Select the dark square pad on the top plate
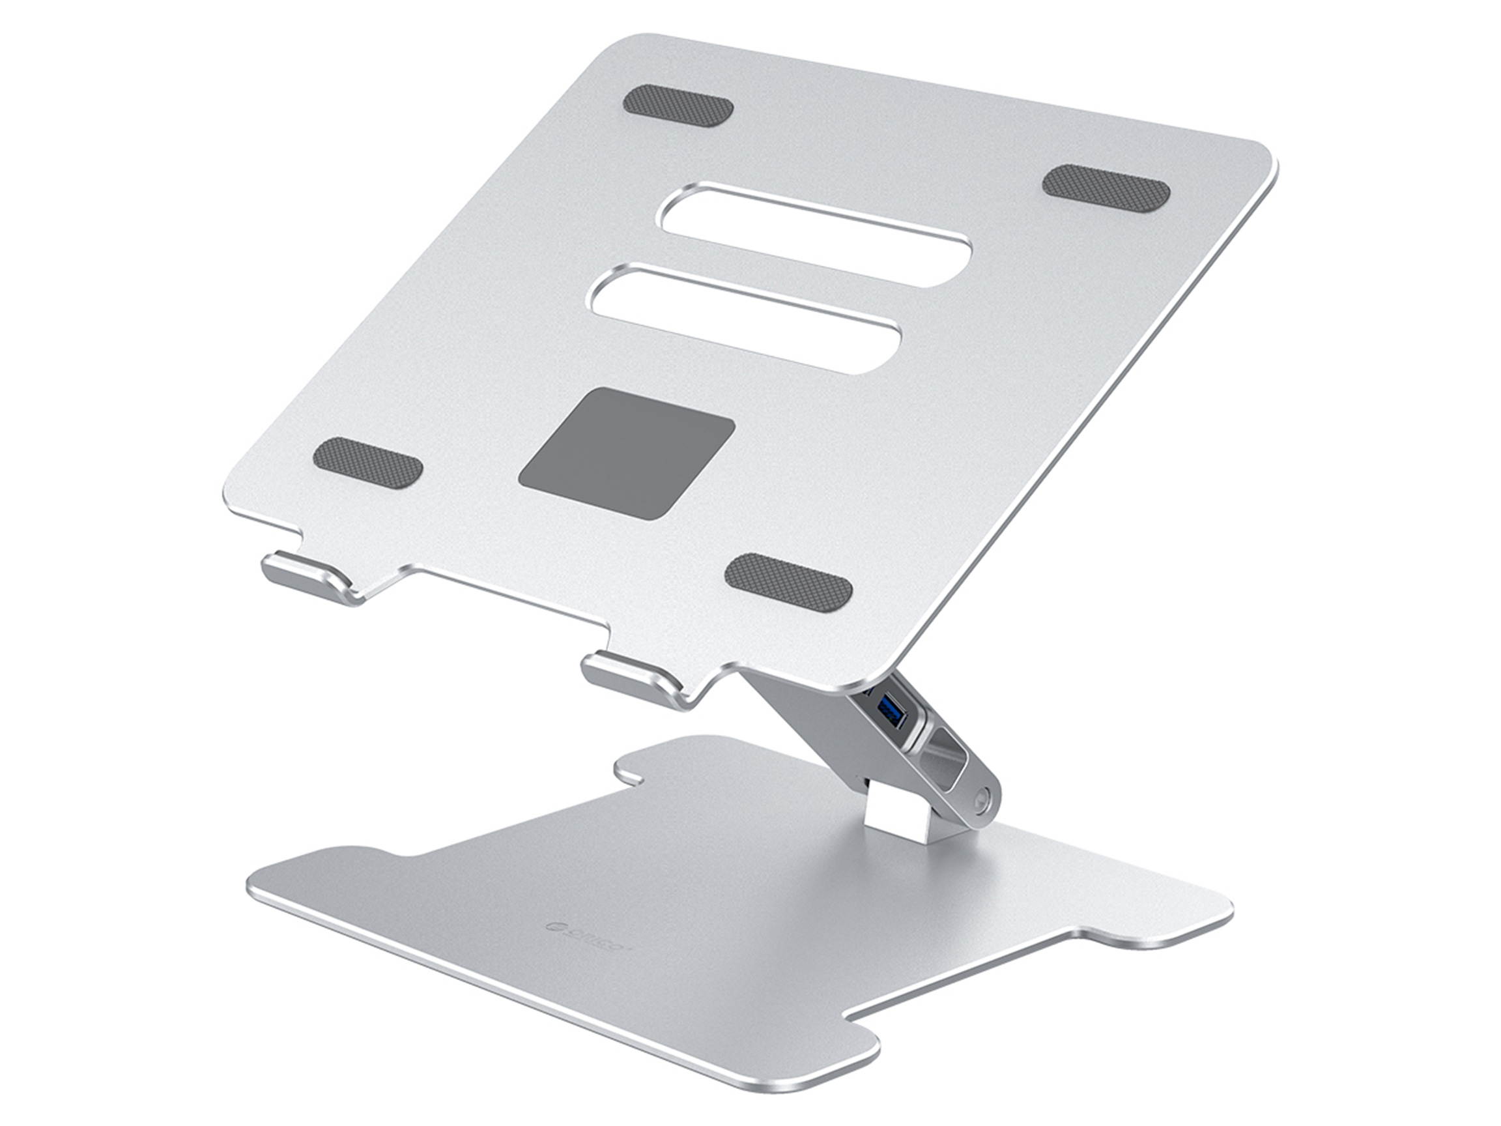point(625,454)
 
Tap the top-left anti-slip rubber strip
point(678,104)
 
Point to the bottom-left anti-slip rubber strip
point(369,464)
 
